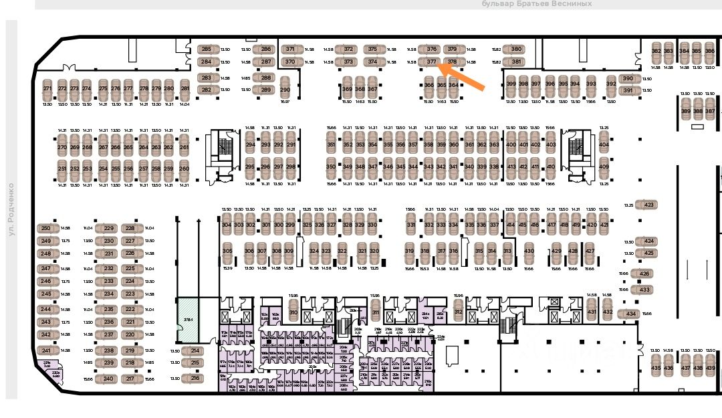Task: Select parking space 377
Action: (431, 62)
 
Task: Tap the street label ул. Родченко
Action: (11, 209)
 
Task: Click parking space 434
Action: (630, 314)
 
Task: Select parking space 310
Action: (293, 312)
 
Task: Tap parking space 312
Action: (458, 312)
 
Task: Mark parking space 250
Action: (45, 228)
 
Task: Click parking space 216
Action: (195, 378)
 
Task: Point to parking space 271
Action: (47, 89)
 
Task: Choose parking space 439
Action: (710, 368)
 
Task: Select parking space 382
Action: (656, 51)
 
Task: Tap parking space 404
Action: (604, 144)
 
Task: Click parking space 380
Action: (516, 49)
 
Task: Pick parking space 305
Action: (227, 251)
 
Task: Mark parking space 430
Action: (529, 251)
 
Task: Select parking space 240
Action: (109, 379)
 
